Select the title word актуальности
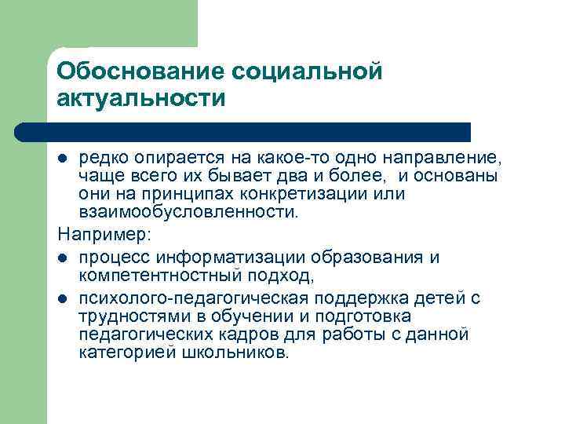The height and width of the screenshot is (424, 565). click(x=140, y=100)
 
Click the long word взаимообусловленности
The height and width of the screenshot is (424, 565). click(x=188, y=211)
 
